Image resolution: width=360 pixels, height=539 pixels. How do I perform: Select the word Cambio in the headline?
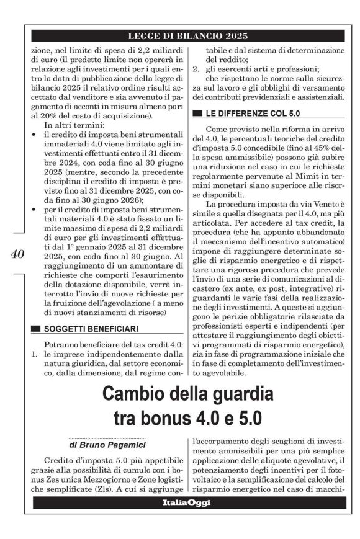pos(140,394)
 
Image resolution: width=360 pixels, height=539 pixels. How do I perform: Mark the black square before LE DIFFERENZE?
pos(197,113)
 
